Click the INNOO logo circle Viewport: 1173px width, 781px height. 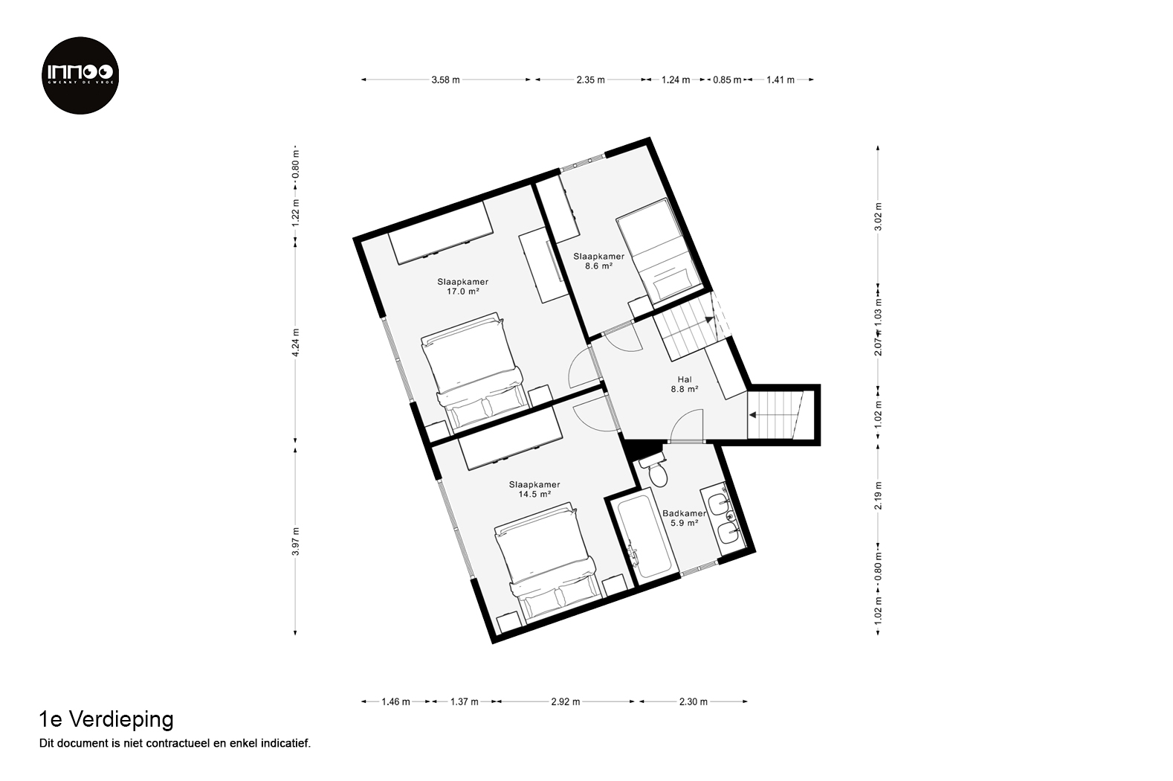pyautogui.click(x=80, y=75)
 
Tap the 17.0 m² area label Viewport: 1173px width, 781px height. pyautogui.click(x=463, y=292)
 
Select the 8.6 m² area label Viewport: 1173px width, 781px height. pyautogui.click(x=598, y=266)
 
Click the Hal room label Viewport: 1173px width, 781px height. pyautogui.click(x=685, y=379)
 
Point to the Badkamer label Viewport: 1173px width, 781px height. pyautogui.click(x=685, y=513)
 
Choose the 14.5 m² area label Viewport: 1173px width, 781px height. pyautogui.click(x=534, y=494)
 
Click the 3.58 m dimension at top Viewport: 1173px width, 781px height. pyautogui.click(x=445, y=80)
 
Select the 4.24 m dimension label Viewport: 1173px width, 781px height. pyautogui.click(x=295, y=342)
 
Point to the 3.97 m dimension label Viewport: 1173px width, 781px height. pyautogui.click(x=295, y=541)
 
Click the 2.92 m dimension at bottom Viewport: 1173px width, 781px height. pyautogui.click(x=566, y=701)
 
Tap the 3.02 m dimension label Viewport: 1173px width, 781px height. pyautogui.click(x=878, y=216)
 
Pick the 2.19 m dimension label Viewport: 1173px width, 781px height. pyautogui.click(x=878, y=495)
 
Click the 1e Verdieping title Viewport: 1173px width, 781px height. pyautogui.click(x=106, y=720)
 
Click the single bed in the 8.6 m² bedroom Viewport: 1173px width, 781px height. pyautogui.click(x=659, y=252)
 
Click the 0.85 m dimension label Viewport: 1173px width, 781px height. pyautogui.click(x=728, y=80)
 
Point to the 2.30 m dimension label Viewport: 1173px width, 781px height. pyautogui.click(x=694, y=701)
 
